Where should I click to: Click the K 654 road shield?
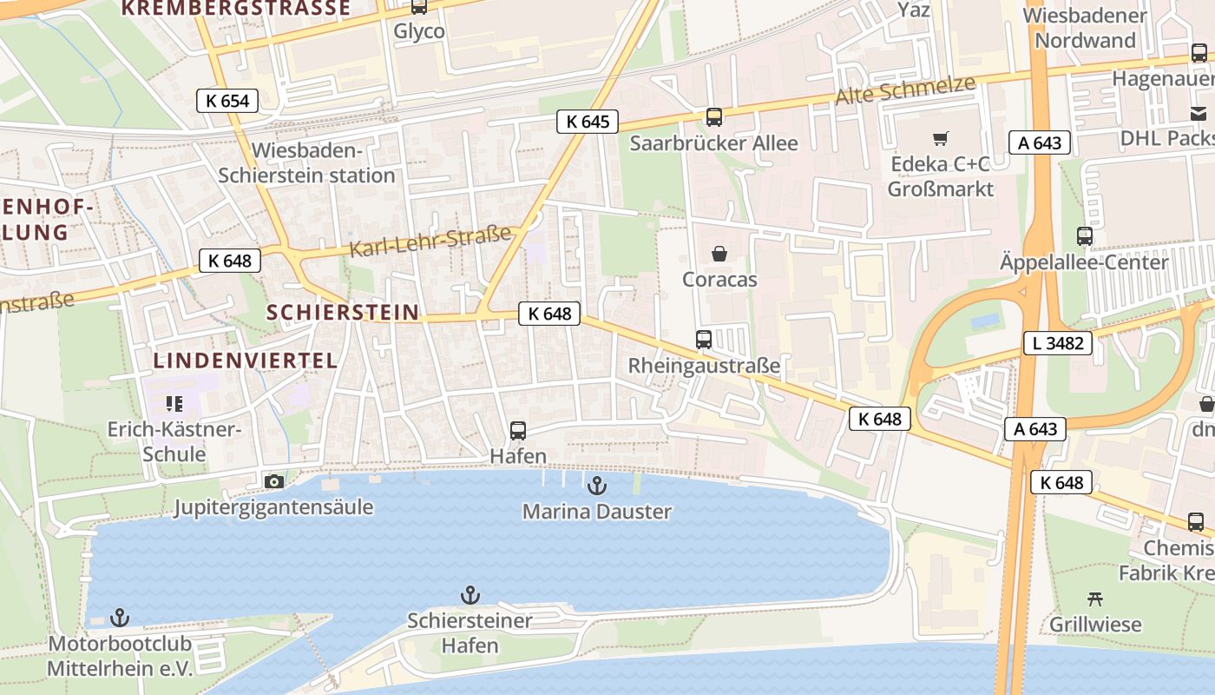[227, 101]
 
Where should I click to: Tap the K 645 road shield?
[588, 122]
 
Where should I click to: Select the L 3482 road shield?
[1058, 343]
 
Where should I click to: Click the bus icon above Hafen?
[518, 430]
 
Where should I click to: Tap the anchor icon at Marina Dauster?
[596, 485]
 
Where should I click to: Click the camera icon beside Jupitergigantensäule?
[273, 481]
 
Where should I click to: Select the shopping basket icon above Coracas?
[719, 254]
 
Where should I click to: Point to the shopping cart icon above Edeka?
[941, 138]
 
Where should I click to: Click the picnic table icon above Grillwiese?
[1095, 598]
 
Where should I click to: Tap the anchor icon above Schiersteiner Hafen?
[470, 595]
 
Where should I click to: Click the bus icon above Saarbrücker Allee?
[713, 117]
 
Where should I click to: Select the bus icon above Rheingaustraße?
[704, 340]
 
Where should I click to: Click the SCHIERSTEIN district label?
[342, 312]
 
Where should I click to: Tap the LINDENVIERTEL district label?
[246, 361]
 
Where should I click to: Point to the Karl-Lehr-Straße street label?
[430, 242]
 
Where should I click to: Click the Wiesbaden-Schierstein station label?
[306, 162]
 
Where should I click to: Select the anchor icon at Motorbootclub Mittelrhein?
[120, 618]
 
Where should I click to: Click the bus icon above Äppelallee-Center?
[1084, 235]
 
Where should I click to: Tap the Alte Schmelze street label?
[905, 90]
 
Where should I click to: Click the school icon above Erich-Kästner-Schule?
[174, 404]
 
